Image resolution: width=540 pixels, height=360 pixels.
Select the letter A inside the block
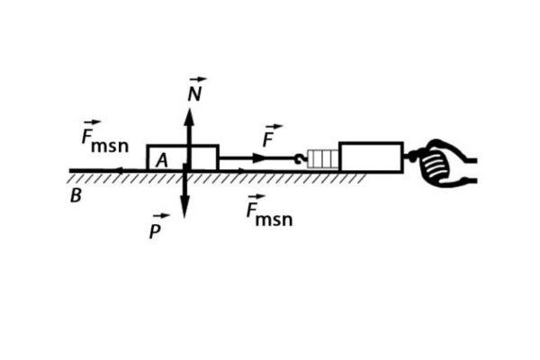pos(162,160)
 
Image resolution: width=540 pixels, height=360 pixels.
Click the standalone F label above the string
pos(268,141)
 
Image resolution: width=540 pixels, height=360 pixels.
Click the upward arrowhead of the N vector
pos(189,113)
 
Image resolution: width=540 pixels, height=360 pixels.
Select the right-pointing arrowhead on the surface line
pos(240,169)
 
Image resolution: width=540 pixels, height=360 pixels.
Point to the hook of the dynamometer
pos(300,158)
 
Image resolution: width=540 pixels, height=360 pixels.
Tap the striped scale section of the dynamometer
pos(323,158)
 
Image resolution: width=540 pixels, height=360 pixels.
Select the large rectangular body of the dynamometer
pos(370,157)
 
